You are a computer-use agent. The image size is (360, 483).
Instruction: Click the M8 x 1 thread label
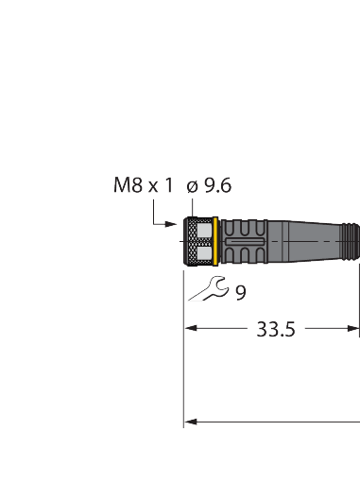(144, 186)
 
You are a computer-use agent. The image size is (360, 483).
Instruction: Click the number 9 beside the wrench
(241, 293)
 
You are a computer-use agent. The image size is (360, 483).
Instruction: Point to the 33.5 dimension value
(276, 330)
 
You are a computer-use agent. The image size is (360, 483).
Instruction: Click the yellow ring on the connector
(216, 241)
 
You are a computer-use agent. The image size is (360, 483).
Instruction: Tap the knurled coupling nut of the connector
(197, 241)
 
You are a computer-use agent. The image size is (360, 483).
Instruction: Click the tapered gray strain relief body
(312, 241)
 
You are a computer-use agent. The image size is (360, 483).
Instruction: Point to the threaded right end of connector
(353, 241)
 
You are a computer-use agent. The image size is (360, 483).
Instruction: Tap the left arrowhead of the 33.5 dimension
(189, 330)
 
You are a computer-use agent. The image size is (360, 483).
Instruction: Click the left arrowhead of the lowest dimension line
(189, 422)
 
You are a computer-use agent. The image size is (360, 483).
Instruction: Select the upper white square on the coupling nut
(201, 231)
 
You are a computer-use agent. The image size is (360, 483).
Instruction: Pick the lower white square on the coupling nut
(201, 252)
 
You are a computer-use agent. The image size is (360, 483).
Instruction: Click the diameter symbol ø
(192, 186)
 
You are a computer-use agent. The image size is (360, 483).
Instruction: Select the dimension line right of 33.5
(331, 330)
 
